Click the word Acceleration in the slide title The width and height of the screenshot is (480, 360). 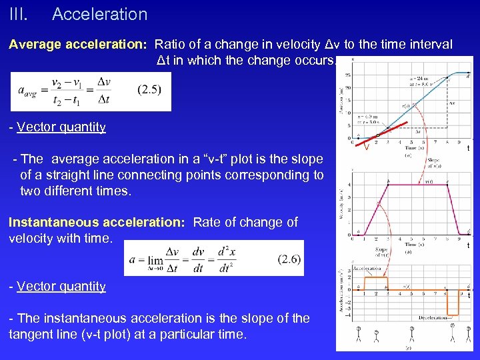[x=99, y=14]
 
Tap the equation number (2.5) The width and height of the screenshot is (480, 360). [x=148, y=89]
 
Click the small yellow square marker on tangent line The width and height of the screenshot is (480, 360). [x=377, y=135]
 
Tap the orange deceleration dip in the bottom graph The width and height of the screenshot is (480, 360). [x=453, y=303]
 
